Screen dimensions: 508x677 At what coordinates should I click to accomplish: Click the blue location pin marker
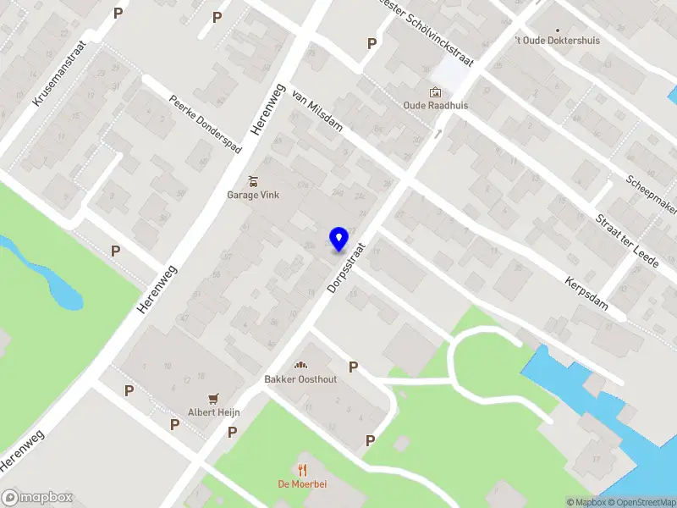339,239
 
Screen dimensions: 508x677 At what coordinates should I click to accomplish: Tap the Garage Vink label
252,195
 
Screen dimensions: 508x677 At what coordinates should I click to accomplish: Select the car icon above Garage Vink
252,180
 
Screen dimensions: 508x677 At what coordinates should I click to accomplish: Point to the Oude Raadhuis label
435,106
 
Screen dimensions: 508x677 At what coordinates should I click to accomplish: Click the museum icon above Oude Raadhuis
435,91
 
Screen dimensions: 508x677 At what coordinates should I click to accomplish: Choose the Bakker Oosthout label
300,379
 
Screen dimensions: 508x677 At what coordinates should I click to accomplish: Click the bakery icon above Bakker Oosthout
300,365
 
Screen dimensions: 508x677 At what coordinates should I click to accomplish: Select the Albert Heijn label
214,412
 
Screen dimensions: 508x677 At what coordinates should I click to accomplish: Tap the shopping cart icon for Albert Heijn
214,398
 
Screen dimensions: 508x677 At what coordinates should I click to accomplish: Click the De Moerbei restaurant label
302,485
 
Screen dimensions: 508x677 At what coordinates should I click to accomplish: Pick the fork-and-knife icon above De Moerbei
302,470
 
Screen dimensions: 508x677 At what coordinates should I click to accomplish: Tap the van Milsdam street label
316,113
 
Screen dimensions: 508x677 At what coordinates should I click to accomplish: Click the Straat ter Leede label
627,242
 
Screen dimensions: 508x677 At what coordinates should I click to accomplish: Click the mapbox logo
37,497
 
